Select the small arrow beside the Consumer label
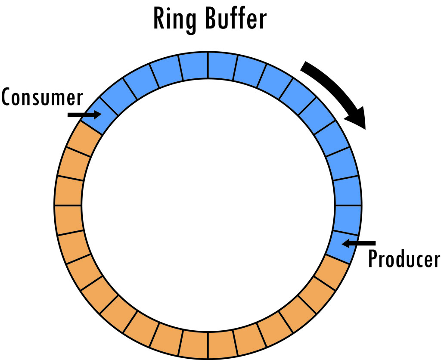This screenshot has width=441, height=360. tap(83, 115)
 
